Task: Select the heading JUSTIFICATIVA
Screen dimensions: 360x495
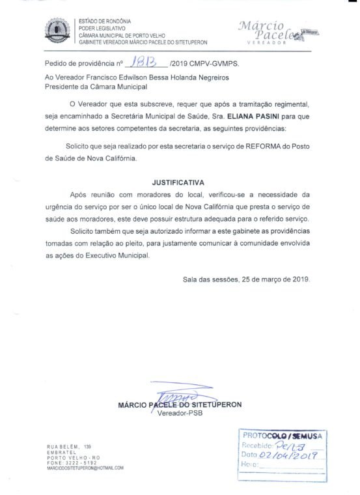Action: point(178,183)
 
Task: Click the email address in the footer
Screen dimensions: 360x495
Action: point(84,468)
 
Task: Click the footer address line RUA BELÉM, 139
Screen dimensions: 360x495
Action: point(68,445)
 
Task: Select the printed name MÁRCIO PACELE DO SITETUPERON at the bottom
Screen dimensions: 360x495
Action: point(180,404)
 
